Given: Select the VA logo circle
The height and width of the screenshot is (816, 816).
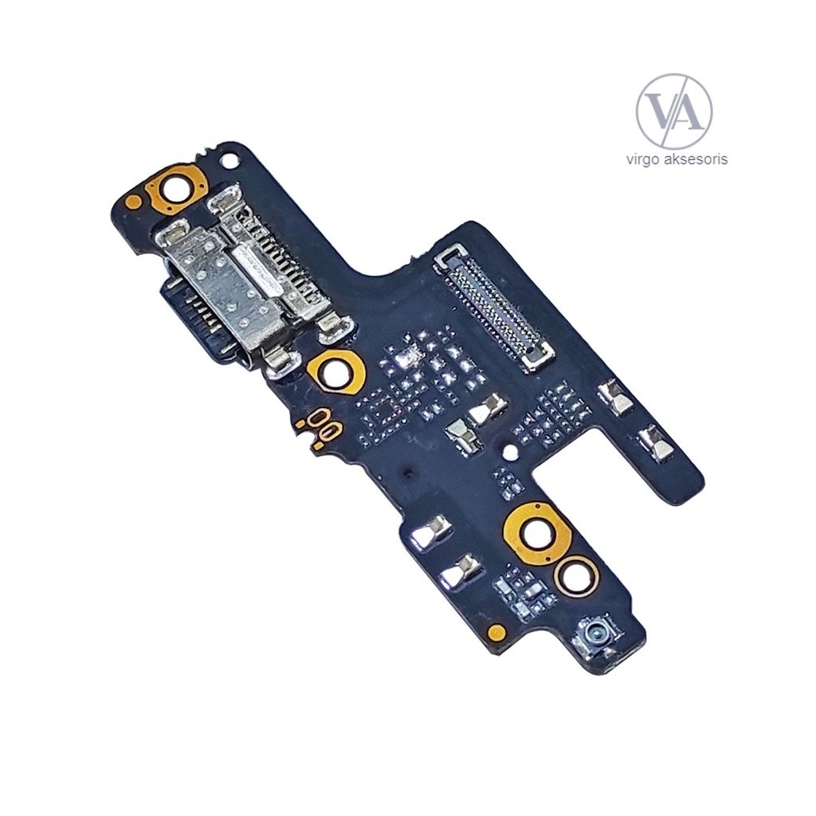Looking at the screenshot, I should [674, 111].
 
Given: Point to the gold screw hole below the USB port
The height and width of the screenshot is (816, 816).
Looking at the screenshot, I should [338, 369].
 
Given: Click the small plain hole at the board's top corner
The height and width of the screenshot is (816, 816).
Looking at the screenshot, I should [232, 162].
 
